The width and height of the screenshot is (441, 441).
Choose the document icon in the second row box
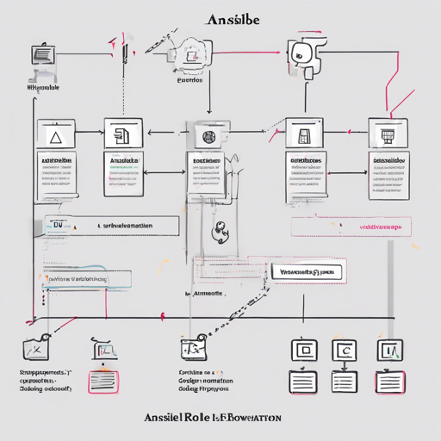(122, 135)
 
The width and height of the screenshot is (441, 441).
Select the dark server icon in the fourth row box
(303, 136)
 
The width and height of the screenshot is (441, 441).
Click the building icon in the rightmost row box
(385, 136)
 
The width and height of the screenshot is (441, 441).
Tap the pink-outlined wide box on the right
(348, 227)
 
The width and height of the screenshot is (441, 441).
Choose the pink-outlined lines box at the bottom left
(104, 379)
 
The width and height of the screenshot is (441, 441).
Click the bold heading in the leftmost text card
(56, 161)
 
